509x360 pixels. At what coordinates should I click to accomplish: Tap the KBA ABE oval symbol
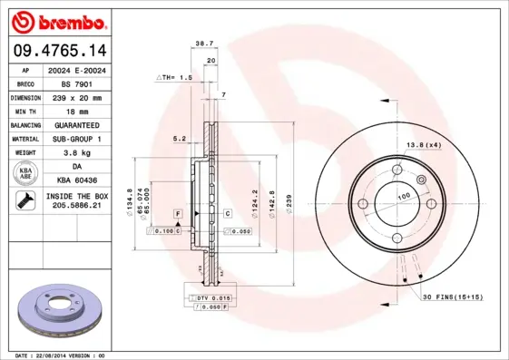24,174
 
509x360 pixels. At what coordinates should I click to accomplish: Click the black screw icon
24,201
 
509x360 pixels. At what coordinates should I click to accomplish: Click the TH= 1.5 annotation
175,78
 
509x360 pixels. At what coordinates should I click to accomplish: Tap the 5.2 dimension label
179,139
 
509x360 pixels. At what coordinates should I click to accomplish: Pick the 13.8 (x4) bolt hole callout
422,146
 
